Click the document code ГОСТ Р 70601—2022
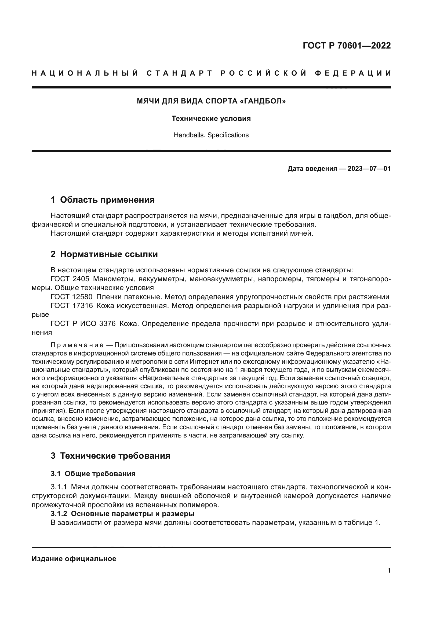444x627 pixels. (x=346, y=46)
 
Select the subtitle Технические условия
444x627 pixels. (x=211, y=118)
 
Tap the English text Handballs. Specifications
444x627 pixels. (x=211, y=135)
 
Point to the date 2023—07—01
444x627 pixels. (x=369, y=169)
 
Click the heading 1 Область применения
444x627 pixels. (x=103, y=200)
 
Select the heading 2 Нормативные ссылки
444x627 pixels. (x=104, y=254)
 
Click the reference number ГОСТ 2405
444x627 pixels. (x=70, y=279)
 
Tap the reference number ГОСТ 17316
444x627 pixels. (x=72, y=306)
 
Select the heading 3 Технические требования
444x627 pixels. (x=110, y=456)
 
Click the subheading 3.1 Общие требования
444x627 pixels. (x=93, y=473)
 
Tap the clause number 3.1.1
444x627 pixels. (x=59, y=487)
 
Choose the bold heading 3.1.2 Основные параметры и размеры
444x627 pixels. (x=122, y=514)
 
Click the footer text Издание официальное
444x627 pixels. (x=74, y=559)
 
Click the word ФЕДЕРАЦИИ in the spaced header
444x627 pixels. (x=353, y=73)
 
